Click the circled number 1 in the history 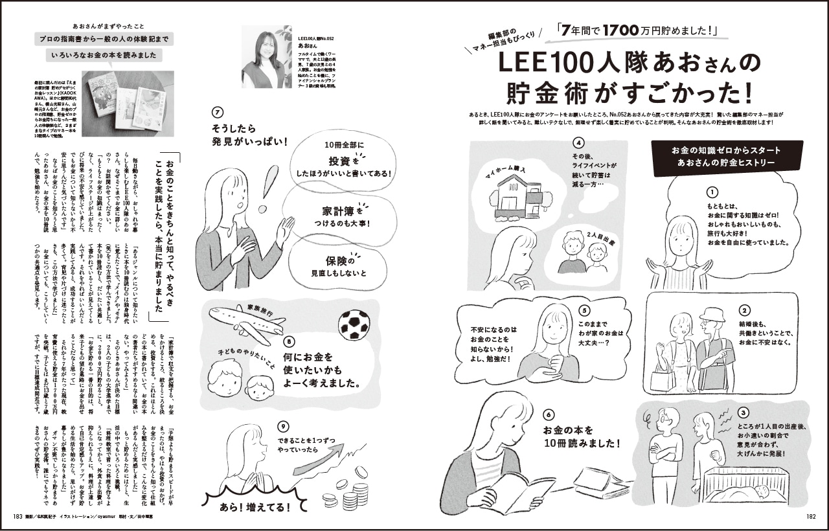tap(712, 192)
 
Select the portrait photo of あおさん tap(266, 56)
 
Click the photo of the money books tap(124, 101)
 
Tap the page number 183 tap(17, 516)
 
